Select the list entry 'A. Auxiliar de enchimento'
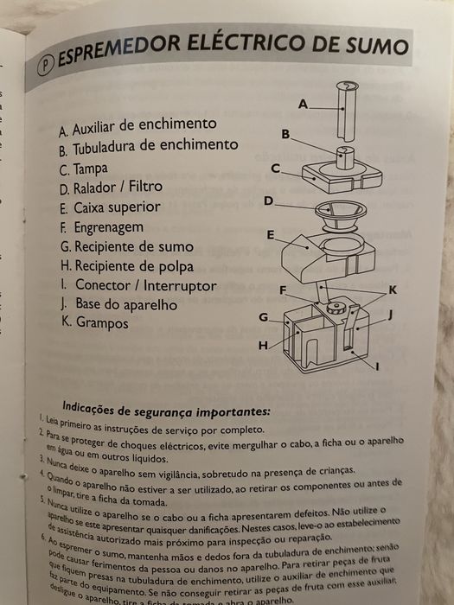pyautogui.click(x=137, y=126)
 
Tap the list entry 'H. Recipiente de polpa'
pyautogui.click(x=126, y=266)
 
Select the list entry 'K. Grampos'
pyautogui.click(x=94, y=323)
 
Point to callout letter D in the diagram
pyautogui.click(x=269, y=201)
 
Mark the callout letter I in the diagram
pyautogui.click(x=378, y=366)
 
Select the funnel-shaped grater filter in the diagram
pyautogui.click(x=331, y=215)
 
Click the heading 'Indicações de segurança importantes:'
pyautogui.click(x=166, y=408)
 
